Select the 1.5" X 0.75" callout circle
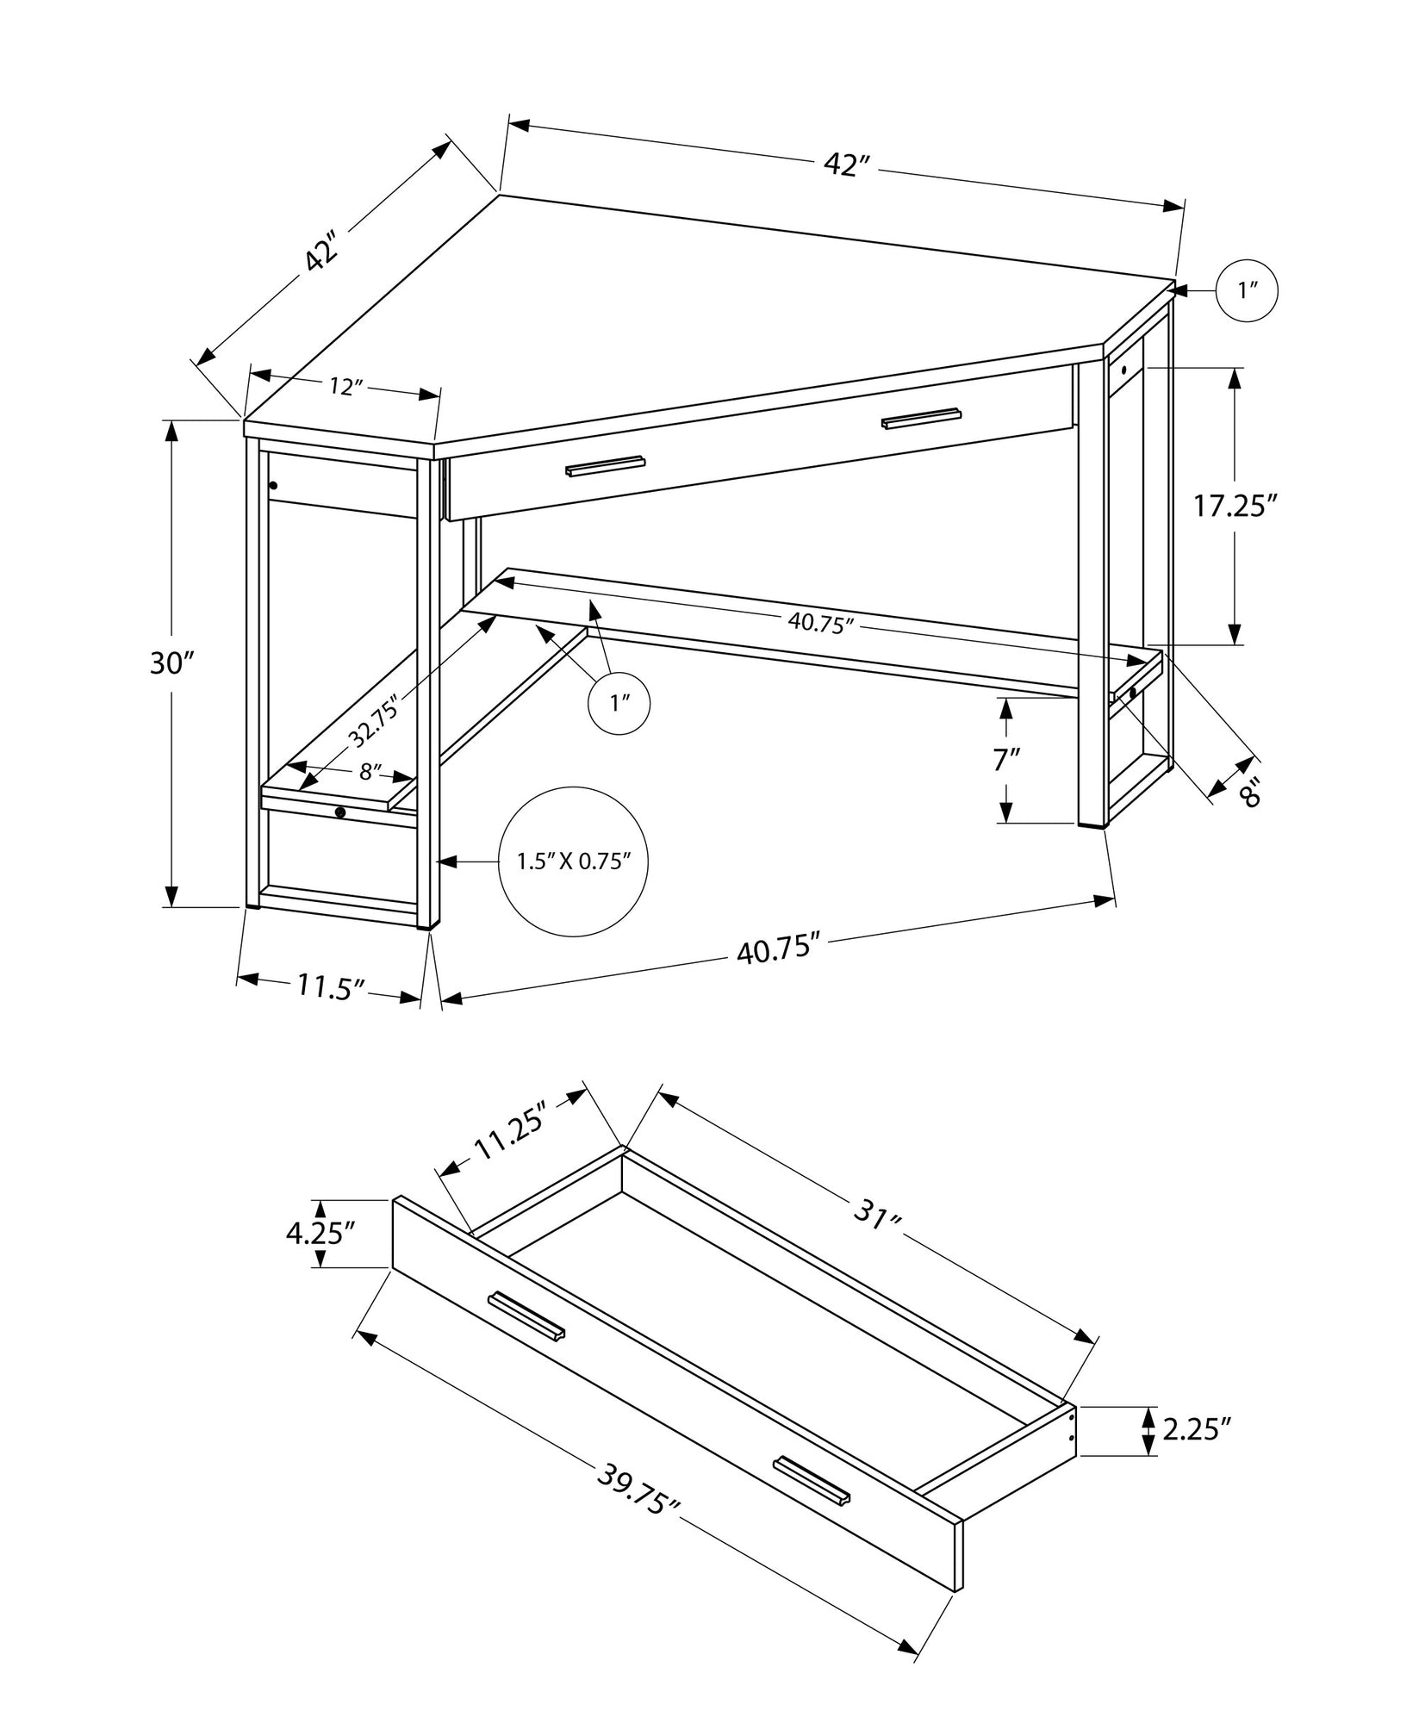(574, 861)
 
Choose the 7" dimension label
(1005, 760)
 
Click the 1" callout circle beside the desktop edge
(1246, 290)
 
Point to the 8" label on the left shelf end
(370, 772)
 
